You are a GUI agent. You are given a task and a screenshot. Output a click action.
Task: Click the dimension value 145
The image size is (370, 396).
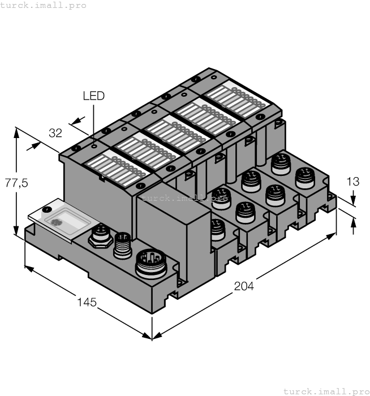[87, 303]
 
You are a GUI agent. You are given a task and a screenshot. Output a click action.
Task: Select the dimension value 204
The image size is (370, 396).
[244, 286]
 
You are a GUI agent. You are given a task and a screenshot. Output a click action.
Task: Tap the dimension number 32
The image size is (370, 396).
[55, 134]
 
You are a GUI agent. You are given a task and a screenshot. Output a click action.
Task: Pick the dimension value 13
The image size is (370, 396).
[352, 182]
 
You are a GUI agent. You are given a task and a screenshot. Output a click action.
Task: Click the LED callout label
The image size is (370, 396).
[93, 96]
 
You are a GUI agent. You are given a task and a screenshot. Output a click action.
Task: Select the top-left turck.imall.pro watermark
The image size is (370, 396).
[44, 5]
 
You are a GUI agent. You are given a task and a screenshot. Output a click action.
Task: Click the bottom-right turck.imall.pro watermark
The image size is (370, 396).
[325, 391]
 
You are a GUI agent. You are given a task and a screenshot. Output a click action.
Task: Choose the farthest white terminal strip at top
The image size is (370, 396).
[235, 97]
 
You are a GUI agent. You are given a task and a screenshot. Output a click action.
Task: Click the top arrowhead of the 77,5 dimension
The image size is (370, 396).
[16, 131]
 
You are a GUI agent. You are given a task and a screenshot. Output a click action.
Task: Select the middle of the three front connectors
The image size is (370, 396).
[122, 244]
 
